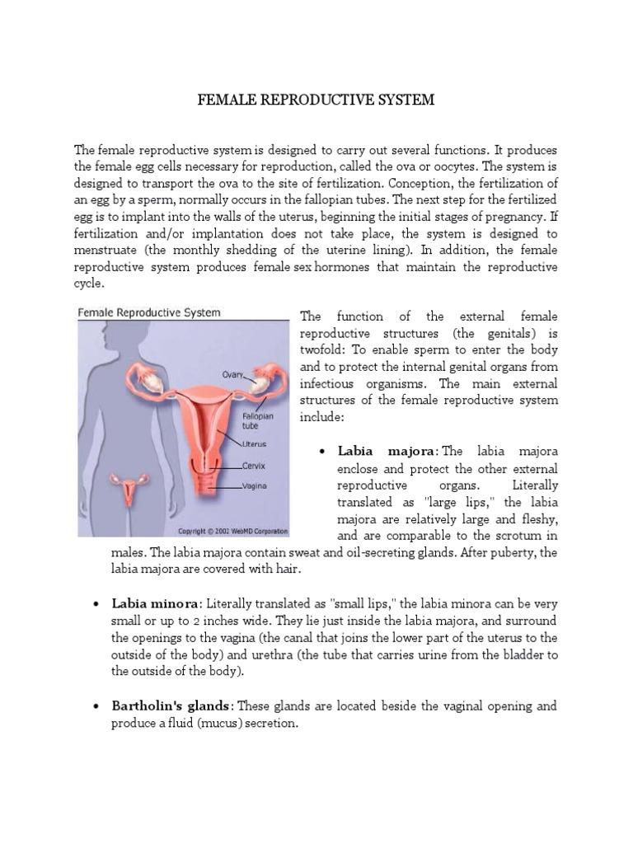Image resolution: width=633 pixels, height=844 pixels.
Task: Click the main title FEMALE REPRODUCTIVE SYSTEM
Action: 316,101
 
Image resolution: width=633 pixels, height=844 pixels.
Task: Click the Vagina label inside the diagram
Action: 255,486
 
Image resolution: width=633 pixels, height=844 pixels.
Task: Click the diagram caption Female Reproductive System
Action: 149,312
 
